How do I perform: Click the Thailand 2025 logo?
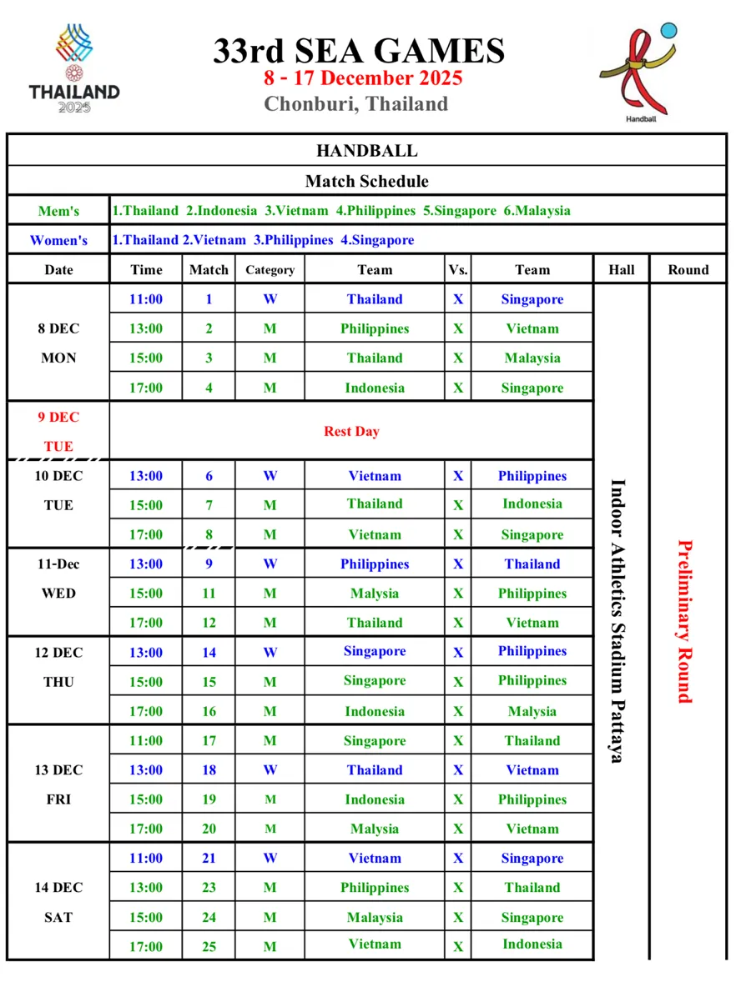pos(74,69)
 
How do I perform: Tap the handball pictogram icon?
pos(638,72)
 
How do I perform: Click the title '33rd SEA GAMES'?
pos(359,51)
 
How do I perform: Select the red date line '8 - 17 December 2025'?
pos(363,78)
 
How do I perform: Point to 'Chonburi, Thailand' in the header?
pos(356,104)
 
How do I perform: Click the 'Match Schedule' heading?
pos(366,181)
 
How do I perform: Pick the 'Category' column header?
pos(270,270)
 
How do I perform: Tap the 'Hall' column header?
pos(621,270)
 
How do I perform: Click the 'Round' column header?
pos(688,270)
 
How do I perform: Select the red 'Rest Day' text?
pos(351,431)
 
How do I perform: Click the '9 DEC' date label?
pos(58,417)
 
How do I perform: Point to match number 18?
pos(209,770)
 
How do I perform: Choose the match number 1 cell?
pos(209,299)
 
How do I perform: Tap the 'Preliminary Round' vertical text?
pos(685,622)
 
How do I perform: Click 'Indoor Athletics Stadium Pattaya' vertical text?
pos(617,621)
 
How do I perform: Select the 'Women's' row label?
pos(58,240)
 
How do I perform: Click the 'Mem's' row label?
pos(58,211)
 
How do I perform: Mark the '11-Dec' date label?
pos(58,564)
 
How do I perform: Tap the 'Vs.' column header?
pos(458,270)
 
